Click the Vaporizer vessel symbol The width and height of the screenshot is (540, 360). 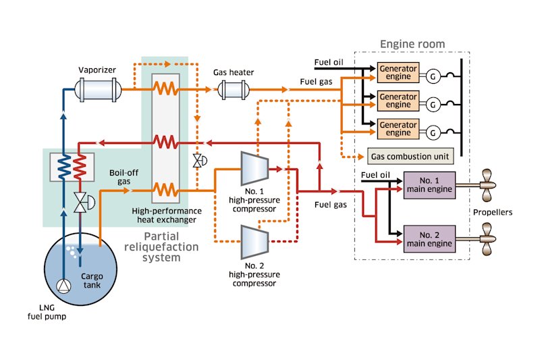pos(99,88)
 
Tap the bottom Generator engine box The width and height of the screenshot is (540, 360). pos(398,128)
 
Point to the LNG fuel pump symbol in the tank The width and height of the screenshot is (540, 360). pos(63,286)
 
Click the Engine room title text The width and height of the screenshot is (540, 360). pos(412,45)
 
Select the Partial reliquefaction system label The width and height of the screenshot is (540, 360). pos(171,247)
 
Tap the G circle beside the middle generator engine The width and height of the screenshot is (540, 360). pos(433,104)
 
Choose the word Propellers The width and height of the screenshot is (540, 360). pos(492,212)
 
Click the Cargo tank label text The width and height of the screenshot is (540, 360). pos(92,280)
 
